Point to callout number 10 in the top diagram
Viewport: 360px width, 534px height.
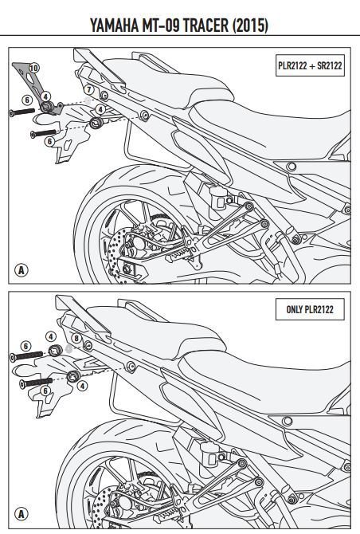pos(33,70)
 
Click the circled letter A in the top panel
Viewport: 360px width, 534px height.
pos(22,270)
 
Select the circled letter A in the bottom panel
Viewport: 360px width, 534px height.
pos(22,512)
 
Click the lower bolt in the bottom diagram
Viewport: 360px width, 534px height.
pos(36,382)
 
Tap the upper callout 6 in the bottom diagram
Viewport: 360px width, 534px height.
pos(25,344)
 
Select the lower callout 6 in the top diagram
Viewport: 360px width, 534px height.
pos(49,140)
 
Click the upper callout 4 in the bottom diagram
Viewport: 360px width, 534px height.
pos(49,337)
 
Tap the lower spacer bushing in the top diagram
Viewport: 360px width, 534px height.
pos(96,123)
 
